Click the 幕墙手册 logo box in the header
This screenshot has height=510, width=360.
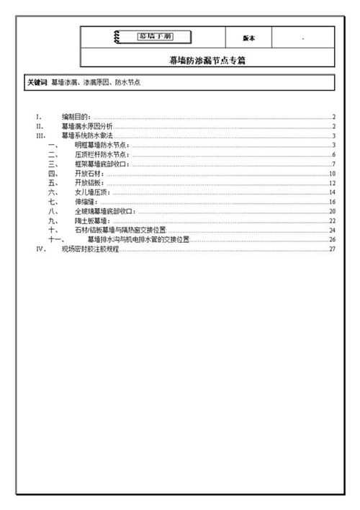[153, 37]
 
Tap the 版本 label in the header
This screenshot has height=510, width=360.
[248, 37]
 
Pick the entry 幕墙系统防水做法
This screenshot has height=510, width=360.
[87, 135]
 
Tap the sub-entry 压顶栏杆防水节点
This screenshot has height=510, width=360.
[102, 154]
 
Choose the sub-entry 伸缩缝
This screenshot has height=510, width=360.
[85, 202]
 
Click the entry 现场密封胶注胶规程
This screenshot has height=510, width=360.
[90, 249]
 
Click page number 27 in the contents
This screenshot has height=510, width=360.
[332, 249]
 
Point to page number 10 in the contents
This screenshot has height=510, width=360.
[332, 174]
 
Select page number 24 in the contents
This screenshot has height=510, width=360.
[332, 230]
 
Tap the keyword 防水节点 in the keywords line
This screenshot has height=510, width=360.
[126, 83]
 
